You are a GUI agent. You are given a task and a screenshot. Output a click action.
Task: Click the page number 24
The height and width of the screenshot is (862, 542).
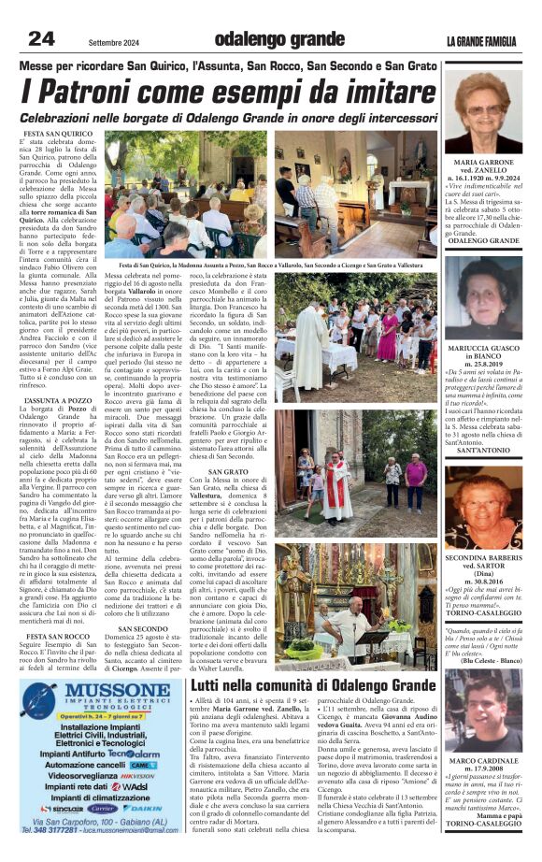click(40, 38)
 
